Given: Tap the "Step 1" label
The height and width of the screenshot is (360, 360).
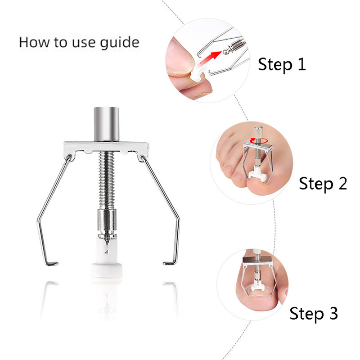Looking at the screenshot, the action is click(x=282, y=65).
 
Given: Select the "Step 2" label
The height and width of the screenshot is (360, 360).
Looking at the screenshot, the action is click(x=323, y=184).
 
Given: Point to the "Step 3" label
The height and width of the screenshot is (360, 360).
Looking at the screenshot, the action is click(x=314, y=314).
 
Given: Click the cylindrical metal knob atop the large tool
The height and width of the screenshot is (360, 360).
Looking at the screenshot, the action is click(x=107, y=124).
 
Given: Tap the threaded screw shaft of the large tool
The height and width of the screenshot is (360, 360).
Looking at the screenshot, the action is click(x=106, y=180).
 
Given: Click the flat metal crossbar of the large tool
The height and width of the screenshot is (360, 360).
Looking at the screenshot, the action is click(x=106, y=147).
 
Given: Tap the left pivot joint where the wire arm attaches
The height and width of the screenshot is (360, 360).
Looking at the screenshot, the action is click(x=69, y=157).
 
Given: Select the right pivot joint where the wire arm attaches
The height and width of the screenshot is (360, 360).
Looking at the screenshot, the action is click(x=142, y=157).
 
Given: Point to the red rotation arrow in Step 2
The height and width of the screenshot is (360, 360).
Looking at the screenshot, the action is click(x=259, y=141).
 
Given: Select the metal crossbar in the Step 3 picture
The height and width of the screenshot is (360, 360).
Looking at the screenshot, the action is click(x=257, y=261).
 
